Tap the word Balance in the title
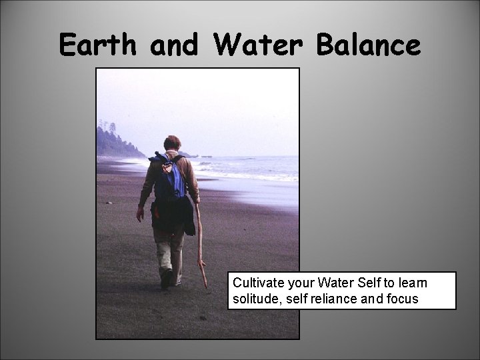coord(369,46)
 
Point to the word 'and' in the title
coord(173,46)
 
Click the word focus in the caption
coord(402,299)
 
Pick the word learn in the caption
coord(411,283)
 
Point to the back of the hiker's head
coord(172,143)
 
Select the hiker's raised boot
coord(166,279)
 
